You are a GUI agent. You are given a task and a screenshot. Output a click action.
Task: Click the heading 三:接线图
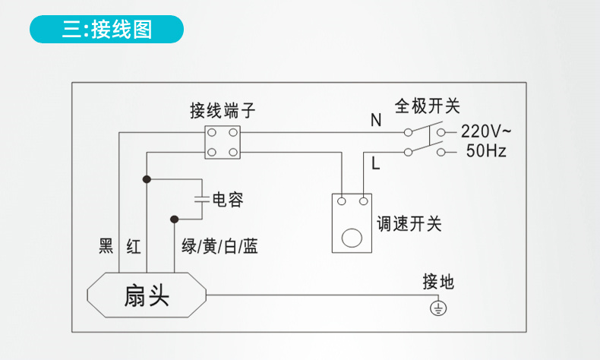coord(107,30)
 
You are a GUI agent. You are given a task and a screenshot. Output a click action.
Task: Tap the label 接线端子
coord(223,111)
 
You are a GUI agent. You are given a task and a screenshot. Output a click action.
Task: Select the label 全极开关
coord(427,106)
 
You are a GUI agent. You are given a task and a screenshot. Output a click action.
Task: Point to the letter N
coord(376,120)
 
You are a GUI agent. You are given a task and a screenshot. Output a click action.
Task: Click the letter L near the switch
coord(375,163)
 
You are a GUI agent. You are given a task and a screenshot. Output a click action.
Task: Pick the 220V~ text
coord(485,131)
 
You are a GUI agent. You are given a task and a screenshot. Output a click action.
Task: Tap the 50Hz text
coord(486,150)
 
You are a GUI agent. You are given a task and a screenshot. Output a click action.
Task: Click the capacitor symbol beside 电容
coord(202,199)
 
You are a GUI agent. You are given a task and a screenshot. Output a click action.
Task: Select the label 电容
coord(228,199)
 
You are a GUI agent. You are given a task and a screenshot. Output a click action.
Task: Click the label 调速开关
coord(409,223)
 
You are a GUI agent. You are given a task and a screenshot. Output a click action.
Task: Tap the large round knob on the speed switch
coord(352,238)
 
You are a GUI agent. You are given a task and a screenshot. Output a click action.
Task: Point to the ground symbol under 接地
coord(438,308)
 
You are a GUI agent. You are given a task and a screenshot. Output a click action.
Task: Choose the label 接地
coord(438,282)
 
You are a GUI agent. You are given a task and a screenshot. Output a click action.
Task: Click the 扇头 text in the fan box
coord(147,295)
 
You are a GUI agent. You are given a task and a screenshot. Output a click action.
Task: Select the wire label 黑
coord(106,245)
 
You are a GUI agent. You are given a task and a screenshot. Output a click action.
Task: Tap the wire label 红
coord(134,246)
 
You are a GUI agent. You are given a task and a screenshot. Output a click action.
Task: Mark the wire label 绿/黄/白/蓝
coord(219,246)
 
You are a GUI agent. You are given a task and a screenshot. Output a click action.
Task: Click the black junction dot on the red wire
coord(147,179)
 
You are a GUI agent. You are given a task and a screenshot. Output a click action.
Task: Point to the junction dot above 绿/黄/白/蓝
coord(175,219)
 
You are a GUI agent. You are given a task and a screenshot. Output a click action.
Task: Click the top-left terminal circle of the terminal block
coord(212,133)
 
